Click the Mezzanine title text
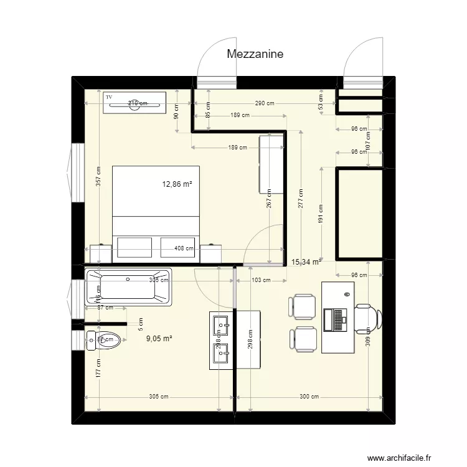(x=255, y=54)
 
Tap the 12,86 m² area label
(x=177, y=184)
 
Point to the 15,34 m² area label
(x=306, y=263)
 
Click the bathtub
(x=128, y=288)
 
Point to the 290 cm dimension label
(x=264, y=103)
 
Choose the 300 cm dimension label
(x=309, y=397)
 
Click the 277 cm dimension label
(x=301, y=198)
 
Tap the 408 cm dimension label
(x=184, y=248)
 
